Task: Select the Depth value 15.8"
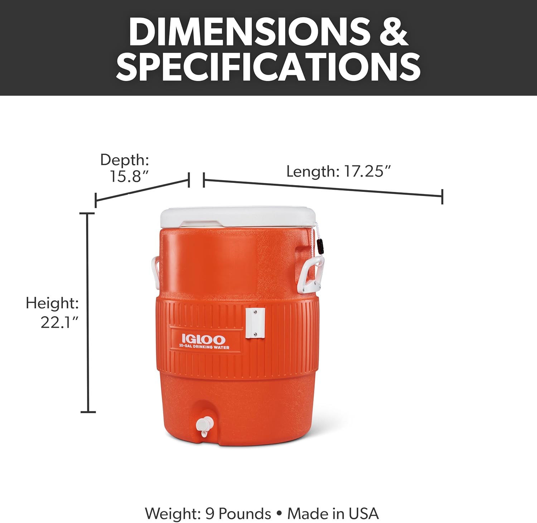pyautogui.click(x=129, y=176)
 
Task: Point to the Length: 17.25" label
pyautogui.click(x=338, y=171)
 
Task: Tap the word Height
pyautogui.click(x=52, y=303)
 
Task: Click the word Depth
pyautogui.click(x=124, y=160)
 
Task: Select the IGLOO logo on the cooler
pyautogui.click(x=203, y=339)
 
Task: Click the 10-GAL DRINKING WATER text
pyautogui.click(x=204, y=347)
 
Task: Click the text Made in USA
pyautogui.click(x=333, y=513)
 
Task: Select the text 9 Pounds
pyautogui.click(x=238, y=513)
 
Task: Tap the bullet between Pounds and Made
pyautogui.click(x=279, y=514)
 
